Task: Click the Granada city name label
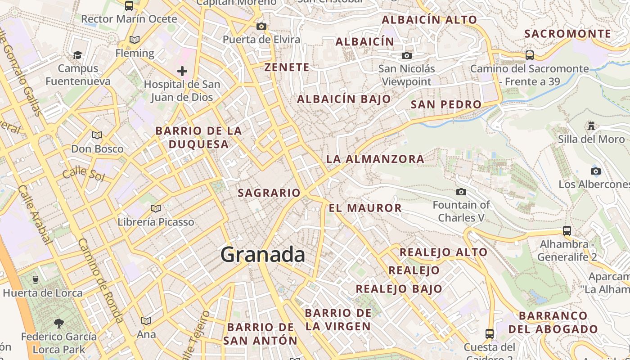(x=263, y=255)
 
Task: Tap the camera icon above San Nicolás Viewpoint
(x=407, y=55)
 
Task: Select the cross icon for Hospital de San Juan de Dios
(x=182, y=71)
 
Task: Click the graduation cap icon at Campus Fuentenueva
(x=78, y=55)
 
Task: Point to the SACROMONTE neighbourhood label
(x=568, y=34)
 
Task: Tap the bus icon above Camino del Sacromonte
(x=530, y=55)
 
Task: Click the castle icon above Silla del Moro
(x=591, y=126)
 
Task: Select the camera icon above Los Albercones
(x=595, y=171)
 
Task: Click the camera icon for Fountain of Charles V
(x=461, y=192)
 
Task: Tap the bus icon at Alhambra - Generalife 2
(x=567, y=231)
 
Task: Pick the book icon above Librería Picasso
(x=156, y=208)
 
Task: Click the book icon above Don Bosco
(x=97, y=135)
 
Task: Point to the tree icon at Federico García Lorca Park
(x=58, y=323)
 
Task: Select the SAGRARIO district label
(x=269, y=193)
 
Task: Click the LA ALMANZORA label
(x=375, y=159)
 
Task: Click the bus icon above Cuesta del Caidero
(x=490, y=334)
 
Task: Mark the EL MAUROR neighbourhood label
(x=365, y=208)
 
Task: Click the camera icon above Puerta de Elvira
(x=261, y=26)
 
